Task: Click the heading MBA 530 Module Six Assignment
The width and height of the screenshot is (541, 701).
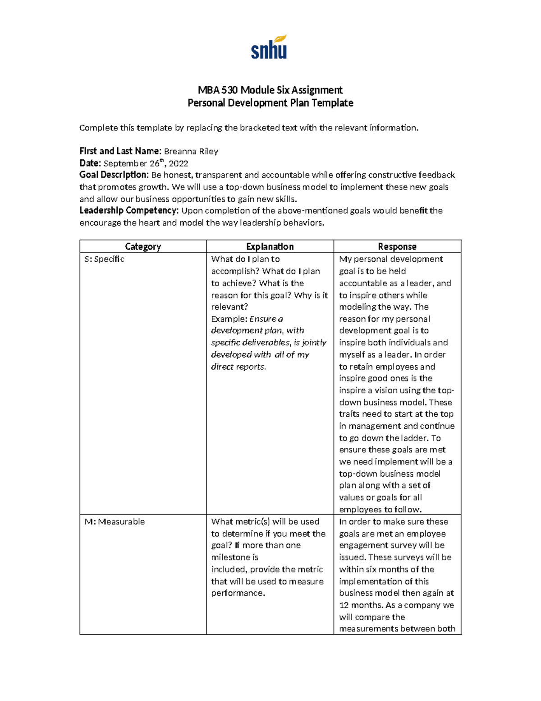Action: [270, 90]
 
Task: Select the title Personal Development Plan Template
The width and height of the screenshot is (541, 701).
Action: [270, 103]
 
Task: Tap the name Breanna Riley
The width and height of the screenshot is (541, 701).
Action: [191, 151]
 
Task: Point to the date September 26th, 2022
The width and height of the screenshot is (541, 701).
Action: [146, 163]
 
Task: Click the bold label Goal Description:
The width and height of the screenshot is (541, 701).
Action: [114, 175]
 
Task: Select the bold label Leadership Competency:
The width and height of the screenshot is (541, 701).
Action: [129, 210]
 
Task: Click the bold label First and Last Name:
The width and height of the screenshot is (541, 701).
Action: [120, 151]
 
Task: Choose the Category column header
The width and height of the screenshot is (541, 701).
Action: [143, 246]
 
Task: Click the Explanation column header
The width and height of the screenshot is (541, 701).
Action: [270, 246]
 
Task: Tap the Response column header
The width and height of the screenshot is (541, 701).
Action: [397, 246]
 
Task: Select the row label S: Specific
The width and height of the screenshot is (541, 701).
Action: [104, 259]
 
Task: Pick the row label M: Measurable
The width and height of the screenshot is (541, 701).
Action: [115, 521]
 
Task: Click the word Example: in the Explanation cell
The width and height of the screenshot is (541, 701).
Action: [229, 319]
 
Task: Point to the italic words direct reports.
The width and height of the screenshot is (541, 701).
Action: [238, 367]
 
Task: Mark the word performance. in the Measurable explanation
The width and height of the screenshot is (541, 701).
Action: [237, 593]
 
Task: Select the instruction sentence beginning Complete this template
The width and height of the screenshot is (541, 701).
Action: [249, 128]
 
